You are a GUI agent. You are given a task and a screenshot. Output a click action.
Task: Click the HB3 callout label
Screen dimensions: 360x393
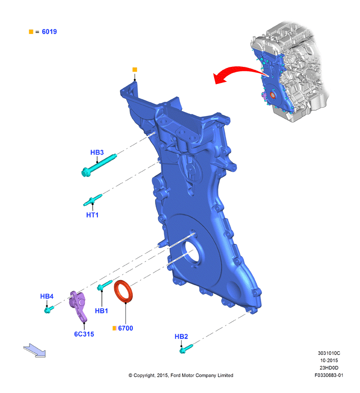(97, 152)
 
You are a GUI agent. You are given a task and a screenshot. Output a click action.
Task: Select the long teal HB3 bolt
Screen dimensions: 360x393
(99, 165)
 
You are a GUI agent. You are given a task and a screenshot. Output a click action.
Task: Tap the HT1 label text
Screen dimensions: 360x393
(92, 215)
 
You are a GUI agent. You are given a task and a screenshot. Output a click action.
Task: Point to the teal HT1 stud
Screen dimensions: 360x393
(93, 200)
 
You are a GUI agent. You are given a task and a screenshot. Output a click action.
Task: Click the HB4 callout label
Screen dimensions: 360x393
(47, 296)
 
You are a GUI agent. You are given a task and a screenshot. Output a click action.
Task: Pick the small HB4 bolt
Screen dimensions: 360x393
(49, 310)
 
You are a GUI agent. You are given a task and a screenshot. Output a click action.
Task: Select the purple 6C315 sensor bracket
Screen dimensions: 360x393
(78, 306)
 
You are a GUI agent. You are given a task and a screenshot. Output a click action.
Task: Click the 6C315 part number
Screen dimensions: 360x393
(84, 334)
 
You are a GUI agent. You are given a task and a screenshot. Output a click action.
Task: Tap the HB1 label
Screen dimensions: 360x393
(101, 311)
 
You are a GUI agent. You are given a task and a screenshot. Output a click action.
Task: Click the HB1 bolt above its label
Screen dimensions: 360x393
(105, 285)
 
